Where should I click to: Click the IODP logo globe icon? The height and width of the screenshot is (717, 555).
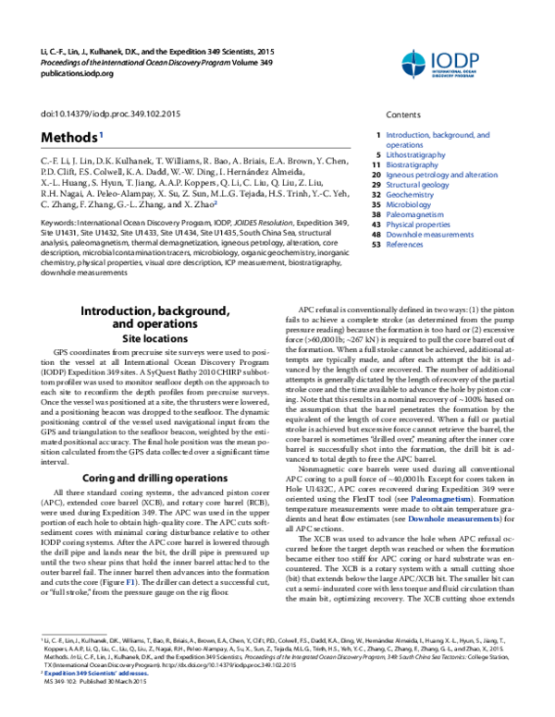coord(419,63)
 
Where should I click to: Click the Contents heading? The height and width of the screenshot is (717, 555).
coord(403,115)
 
